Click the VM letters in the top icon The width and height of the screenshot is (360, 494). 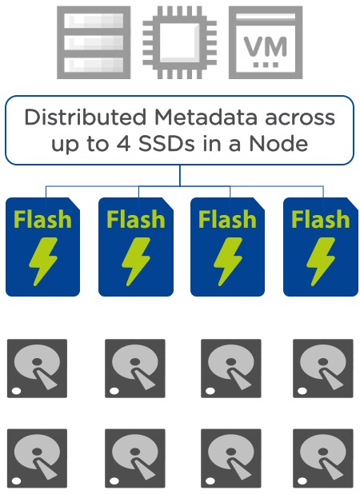(x=266, y=46)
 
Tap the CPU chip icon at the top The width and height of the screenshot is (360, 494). (x=180, y=42)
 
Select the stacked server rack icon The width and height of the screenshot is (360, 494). (x=94, y=42)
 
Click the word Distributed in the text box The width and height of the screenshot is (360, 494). (x=86, y=118)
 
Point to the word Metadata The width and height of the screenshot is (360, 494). (x=206, y=118)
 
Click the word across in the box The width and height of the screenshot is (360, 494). (x=300, y=118)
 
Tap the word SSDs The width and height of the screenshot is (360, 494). (x=166, y=144)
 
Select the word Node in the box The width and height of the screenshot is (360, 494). (x=278, y=144)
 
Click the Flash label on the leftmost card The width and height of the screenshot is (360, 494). (x=42, y=219)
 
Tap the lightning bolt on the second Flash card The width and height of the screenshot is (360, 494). (x=136, y=261)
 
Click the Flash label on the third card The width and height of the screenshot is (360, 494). (x=227, y=219)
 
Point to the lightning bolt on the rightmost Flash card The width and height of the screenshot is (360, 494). (x=321, y=261)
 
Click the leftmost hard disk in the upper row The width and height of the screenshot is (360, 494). (x=37, y=369)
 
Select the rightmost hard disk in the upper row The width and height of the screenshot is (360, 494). (x=323, y=369)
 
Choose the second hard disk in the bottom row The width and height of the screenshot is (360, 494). (x=135, y=458)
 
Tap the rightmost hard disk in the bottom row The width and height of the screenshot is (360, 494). (x=323, y=458)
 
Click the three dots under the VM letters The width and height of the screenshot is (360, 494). (x=266, y=65)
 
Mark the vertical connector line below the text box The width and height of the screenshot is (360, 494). (x=180, y=175)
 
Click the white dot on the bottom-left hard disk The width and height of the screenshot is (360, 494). (x=16, y=481)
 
